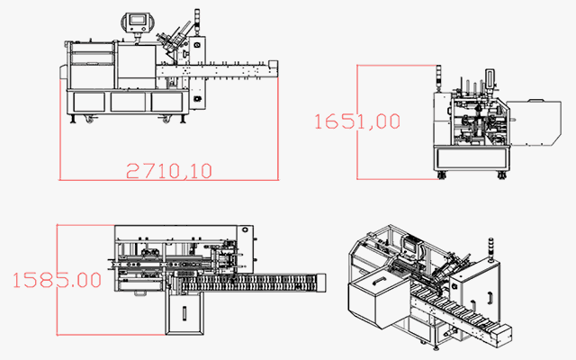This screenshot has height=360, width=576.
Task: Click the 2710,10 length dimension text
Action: coord(168,169)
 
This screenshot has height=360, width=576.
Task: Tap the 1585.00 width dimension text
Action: coord(57,279)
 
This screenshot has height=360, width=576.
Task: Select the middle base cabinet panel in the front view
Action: coord(129,102)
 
